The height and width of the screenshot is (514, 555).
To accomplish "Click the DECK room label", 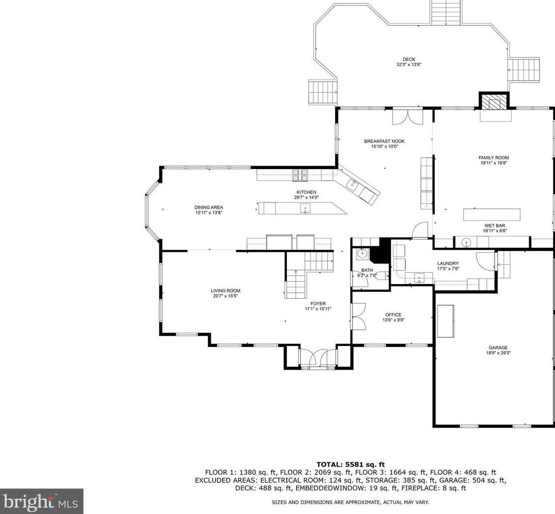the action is click(409, 59).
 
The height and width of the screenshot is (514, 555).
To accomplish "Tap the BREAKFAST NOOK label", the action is click(385, 142).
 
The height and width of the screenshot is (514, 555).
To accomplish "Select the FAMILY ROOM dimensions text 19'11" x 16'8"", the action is click(494, 163).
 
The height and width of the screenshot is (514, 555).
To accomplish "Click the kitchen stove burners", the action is click(300, 175).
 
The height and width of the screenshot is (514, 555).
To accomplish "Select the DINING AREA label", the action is click(209, 207).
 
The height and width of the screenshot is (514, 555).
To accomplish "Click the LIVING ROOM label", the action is click(225, 291).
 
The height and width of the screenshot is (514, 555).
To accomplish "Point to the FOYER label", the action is click(318, 304).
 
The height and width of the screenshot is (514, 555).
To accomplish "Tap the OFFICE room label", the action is click(393, 314).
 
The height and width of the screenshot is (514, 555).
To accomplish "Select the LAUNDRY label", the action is click(448, 263).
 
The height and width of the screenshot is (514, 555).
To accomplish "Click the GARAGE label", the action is click(499, 347).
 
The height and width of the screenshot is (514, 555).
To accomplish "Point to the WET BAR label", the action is click(495, 226).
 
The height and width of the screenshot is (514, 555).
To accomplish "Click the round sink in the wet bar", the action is click(467, 242).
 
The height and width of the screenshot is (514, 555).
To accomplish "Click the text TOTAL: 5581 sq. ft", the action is click(350, 464).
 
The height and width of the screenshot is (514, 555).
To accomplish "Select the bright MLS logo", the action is click(41, 501).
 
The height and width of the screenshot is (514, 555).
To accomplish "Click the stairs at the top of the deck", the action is click(446, 12).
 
